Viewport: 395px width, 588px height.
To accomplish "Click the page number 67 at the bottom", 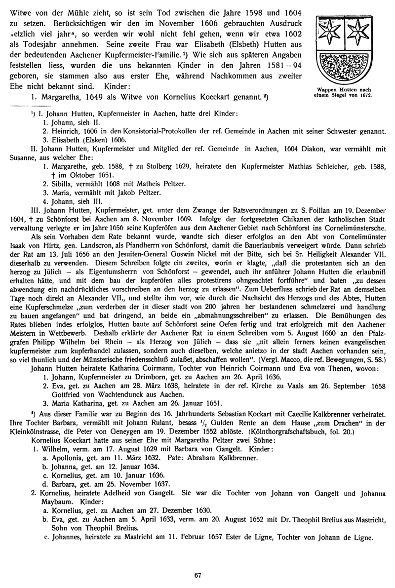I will [x=197, y=574].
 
